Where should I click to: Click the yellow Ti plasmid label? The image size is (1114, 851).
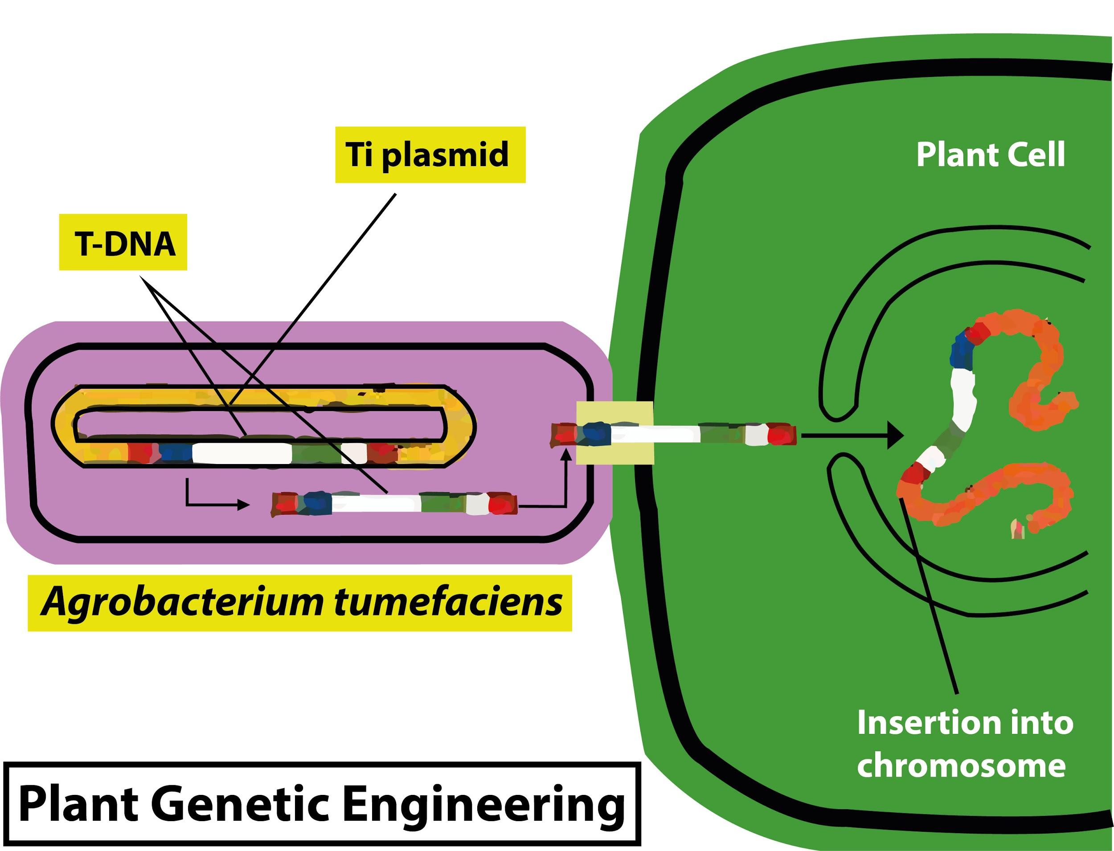point(430,155)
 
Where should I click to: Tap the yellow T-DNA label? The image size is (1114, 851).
point(123,242)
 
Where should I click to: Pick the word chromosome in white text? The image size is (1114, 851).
point(961,765)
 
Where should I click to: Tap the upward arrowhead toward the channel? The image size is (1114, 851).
point(567,454)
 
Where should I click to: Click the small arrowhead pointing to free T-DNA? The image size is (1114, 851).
point(244,505)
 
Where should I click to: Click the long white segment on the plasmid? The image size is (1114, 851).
point(242,453)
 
